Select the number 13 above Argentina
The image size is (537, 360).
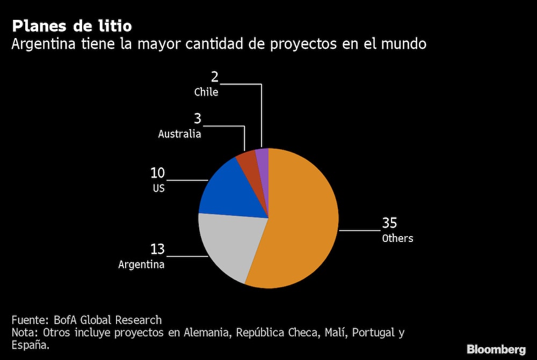157,249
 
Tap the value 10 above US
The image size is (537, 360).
157,173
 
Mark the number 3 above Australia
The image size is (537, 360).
197,119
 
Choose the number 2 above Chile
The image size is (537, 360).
214,77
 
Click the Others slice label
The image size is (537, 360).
397,238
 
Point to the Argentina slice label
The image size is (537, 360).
141,265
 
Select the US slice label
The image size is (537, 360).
158,189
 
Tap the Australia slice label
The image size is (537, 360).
179,134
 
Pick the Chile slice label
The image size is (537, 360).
206,92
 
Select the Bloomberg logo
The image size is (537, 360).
496,349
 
